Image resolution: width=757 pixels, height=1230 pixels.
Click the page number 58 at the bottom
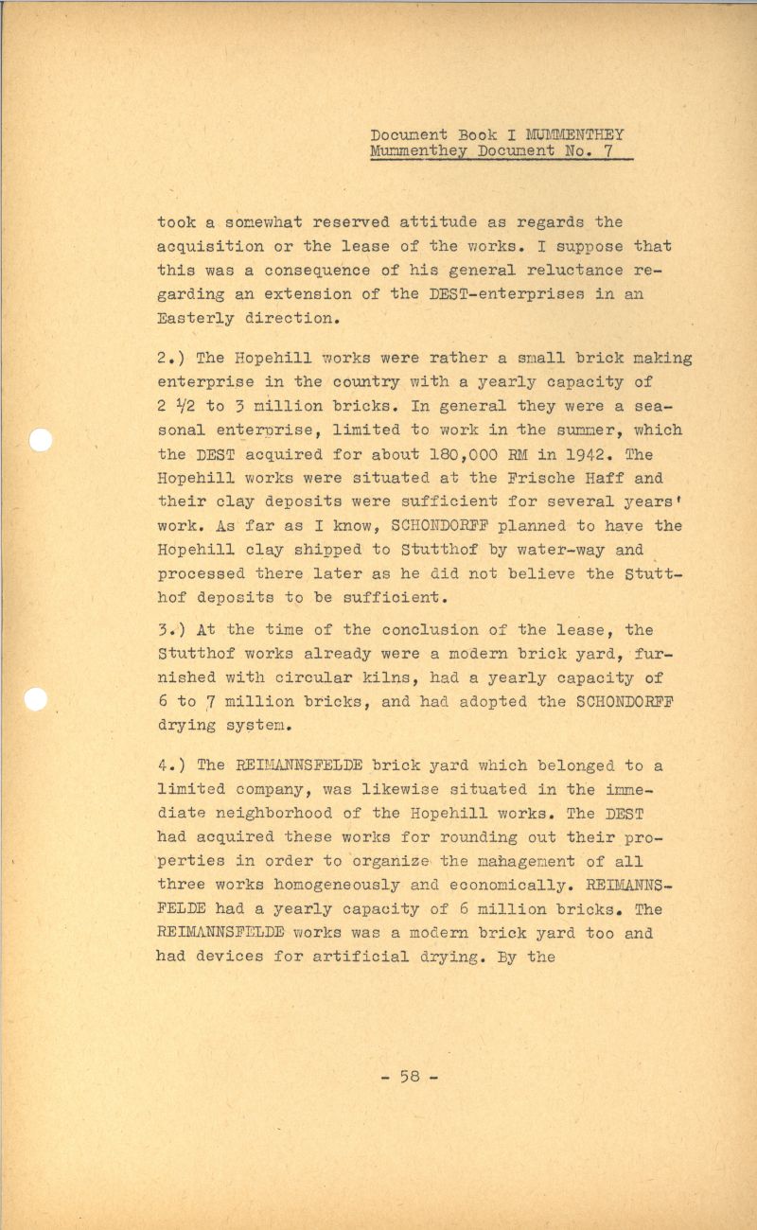point(410,1076)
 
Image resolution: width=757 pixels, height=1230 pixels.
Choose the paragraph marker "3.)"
point(171,630)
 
